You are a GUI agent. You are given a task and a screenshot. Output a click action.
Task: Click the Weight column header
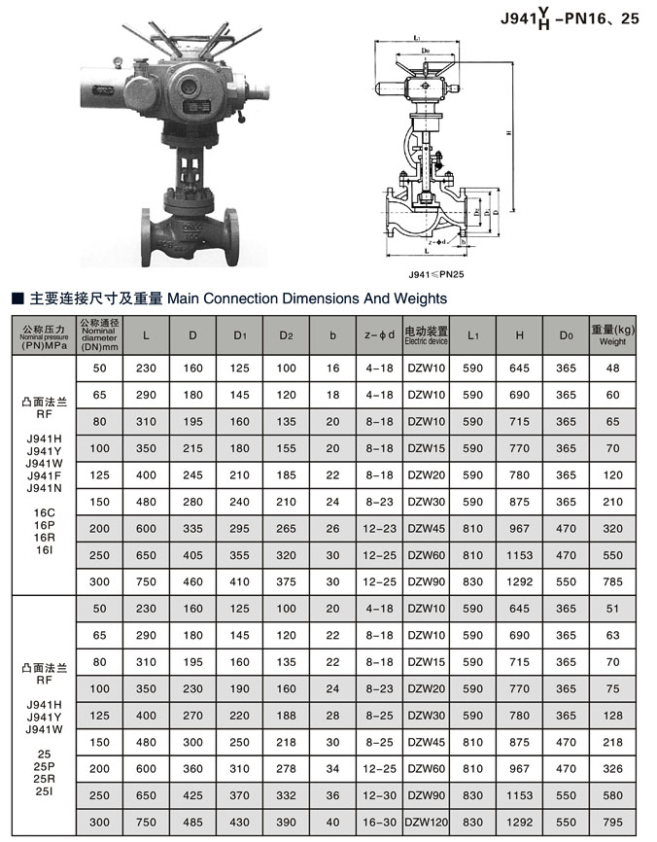612,335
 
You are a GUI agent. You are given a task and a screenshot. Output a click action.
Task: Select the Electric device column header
426,335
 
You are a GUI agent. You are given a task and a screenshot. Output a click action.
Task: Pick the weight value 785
612,580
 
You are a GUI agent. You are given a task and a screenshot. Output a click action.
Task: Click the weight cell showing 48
612,368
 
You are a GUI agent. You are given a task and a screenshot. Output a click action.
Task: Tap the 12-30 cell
379,793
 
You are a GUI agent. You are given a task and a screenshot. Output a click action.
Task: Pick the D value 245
192,474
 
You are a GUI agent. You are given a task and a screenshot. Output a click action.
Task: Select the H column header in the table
519,335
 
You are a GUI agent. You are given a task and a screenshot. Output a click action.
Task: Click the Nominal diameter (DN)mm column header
99,334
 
